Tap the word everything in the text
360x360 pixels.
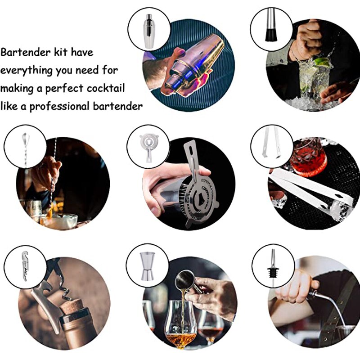(x=27, y=70)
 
